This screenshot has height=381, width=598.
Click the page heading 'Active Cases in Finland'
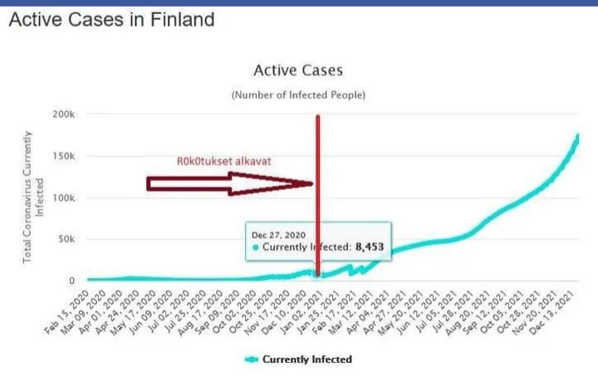(111, 18)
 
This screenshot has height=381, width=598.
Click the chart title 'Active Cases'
(297, 71)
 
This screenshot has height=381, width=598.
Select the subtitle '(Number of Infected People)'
(297, 95)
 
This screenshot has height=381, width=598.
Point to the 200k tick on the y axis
(64, 114)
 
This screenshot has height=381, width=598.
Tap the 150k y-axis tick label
(64, 156)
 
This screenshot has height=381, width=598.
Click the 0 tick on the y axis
(73, 281)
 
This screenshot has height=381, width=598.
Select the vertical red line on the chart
(317, 149)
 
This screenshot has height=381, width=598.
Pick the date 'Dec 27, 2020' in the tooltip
(279, 235)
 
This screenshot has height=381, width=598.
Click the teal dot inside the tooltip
(255, 247)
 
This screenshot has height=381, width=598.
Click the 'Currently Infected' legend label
(307, 359)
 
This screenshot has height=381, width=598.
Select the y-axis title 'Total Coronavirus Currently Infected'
(33, 198)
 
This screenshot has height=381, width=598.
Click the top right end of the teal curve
(577, 136)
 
